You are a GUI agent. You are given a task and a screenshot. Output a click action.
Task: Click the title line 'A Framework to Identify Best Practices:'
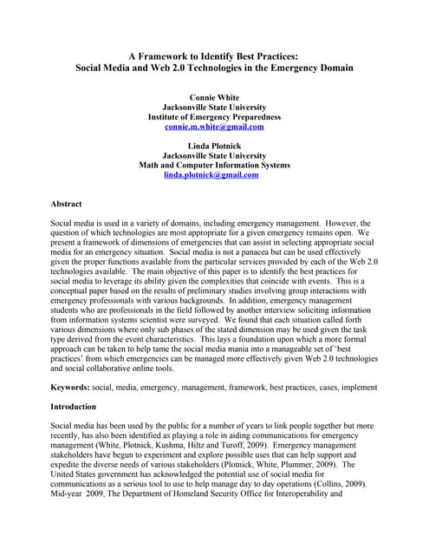(214, 54)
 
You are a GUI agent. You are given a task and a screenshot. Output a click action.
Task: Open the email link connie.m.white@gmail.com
(214, 127)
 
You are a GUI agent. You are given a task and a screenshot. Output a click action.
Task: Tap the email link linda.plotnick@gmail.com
(211, 175)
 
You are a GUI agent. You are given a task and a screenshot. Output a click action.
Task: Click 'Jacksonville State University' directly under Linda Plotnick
(214, 154)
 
